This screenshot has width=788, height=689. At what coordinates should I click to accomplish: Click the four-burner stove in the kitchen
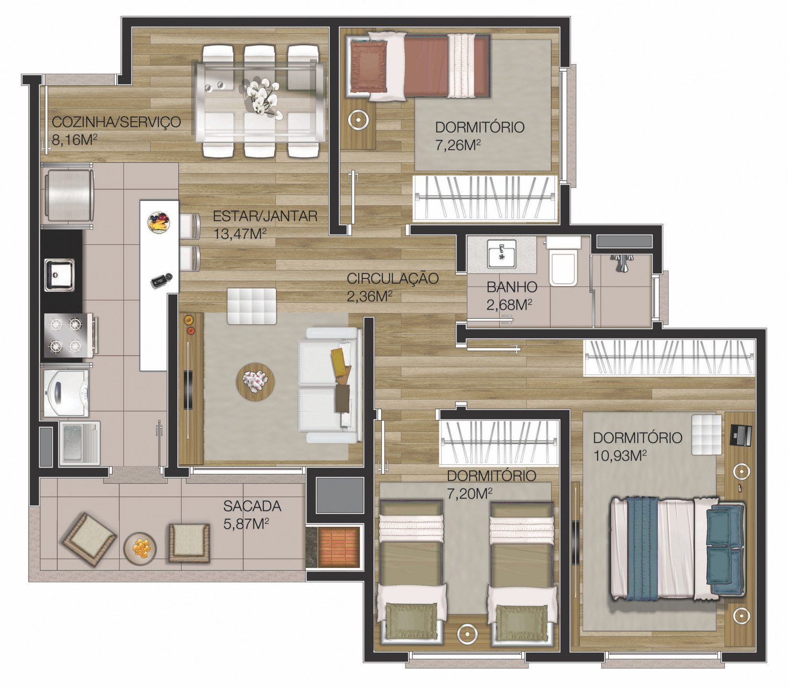pyautogui.click(x=69, y=335)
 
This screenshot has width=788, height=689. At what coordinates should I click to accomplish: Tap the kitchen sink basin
pyautogui.click(x=60, y=275)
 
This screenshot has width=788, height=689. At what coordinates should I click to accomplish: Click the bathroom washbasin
pyautogui.click(x=501, y=254)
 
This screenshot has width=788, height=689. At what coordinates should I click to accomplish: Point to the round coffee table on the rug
pyautogui.click(x=255, y=381)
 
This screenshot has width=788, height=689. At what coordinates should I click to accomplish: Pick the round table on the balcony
pyautogui.click(x=140, y=548)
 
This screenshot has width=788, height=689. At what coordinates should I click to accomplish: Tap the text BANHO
pyautogui.click(x=512, y=287)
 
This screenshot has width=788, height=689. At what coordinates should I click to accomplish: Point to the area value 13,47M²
pyautogui.click(x=240, y=233)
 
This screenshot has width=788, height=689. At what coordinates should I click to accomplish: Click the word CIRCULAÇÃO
pyautogui.click(x=393, y=278)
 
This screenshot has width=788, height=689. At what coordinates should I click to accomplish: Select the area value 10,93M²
pyautogui.click(x=620, y=455)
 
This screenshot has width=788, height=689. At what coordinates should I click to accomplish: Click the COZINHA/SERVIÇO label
pyautogui.click(x=117, y=122)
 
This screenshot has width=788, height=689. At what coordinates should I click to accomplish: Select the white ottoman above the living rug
pyautogui.click(x=252, y=306)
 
